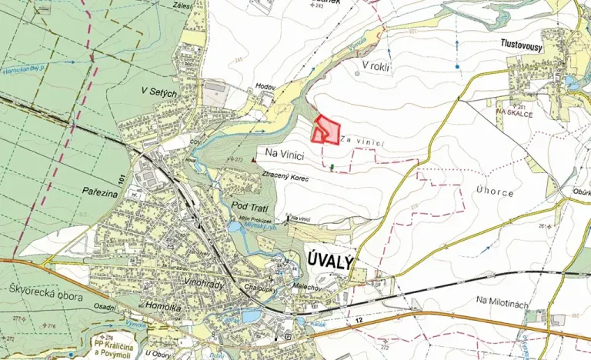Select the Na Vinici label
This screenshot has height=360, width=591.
click(x=285, y=155)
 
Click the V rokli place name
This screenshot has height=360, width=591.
click(x=377, y=66)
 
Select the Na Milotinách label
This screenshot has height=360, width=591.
click(x=502, y=303)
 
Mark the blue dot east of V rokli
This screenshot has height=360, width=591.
click(x=456, y=67)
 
